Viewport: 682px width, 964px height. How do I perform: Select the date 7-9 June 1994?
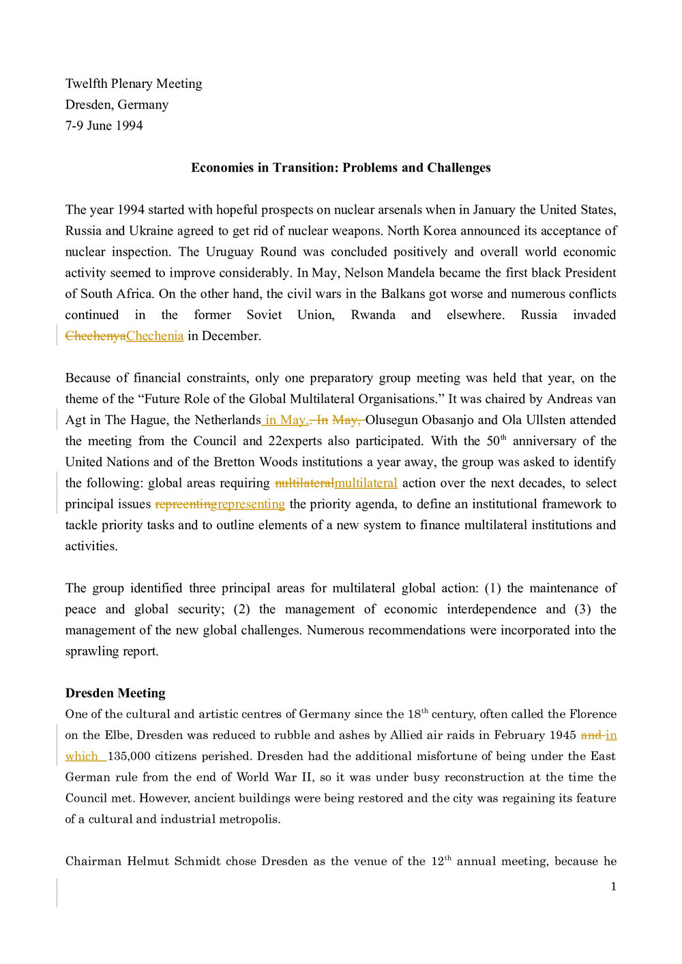(104, 125)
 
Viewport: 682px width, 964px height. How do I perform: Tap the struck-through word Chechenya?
(95, 336)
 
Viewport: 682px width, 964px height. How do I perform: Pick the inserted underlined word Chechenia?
(155, 336)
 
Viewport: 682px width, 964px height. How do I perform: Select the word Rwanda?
(373, 315)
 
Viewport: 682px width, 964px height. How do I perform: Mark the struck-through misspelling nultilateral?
(304, 483)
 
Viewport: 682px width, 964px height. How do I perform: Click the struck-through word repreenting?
(186, 504)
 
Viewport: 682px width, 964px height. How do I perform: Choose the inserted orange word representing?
(251, 504)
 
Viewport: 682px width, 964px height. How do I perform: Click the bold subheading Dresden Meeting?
(115, 693)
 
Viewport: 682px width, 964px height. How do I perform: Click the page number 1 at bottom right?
(613, 887)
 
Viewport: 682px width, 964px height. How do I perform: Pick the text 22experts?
(295, 441)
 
